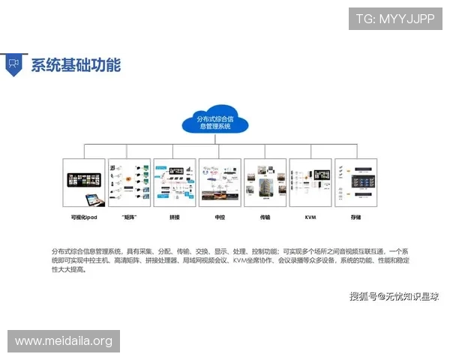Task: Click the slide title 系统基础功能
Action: click(x=76, y=64)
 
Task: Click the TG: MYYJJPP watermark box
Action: click(x=395, y=18)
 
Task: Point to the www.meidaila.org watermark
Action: click(x=63, y=341)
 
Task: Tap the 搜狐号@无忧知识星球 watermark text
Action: click(x=393, y=296)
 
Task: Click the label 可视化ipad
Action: click(x=84, y=217)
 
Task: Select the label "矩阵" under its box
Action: click(x=129, y=217)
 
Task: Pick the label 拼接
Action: click(x=174, y=217)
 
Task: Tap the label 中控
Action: click(x=220, y=217)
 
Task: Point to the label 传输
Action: click(x=265, y=217)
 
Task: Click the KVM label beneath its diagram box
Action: click(x=310, y=217)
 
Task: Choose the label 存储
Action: click(x=355, y=217)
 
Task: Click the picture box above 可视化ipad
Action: click(x=84, y=182)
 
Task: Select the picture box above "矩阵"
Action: click(x=129, y=182)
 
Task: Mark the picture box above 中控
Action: click(x=220, y=182)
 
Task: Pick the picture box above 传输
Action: click(x=265, y=182)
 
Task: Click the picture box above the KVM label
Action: click(x=310, y=182)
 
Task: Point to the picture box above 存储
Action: click(x=355, y=182)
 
